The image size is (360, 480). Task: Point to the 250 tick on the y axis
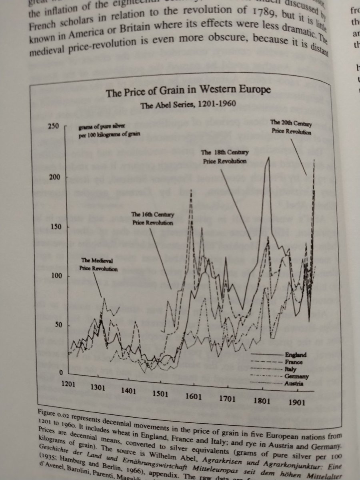coord(53,127)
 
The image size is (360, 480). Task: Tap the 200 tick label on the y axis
coord(53,177)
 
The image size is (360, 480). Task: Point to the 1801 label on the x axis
coord(261,401)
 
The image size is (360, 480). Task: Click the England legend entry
coord(296,354)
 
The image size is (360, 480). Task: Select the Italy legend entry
coord(291,369)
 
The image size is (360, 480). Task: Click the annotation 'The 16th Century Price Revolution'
coord(152,218)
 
